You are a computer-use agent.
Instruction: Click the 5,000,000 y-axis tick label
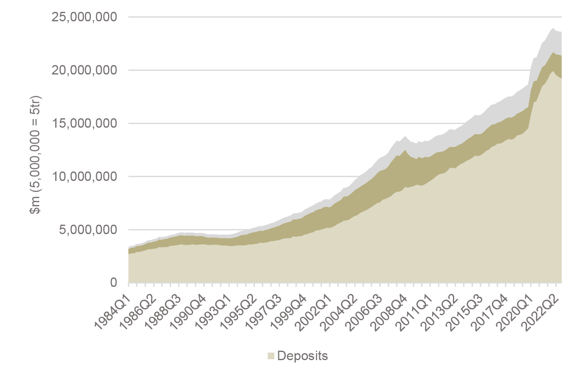point(88,230)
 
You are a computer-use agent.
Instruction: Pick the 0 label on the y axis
point(113,283)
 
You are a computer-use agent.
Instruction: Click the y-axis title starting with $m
point(36,155)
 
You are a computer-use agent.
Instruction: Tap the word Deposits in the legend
point(302,356)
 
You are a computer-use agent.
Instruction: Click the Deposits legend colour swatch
point(271,356)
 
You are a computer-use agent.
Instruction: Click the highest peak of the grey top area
point(553,28)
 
